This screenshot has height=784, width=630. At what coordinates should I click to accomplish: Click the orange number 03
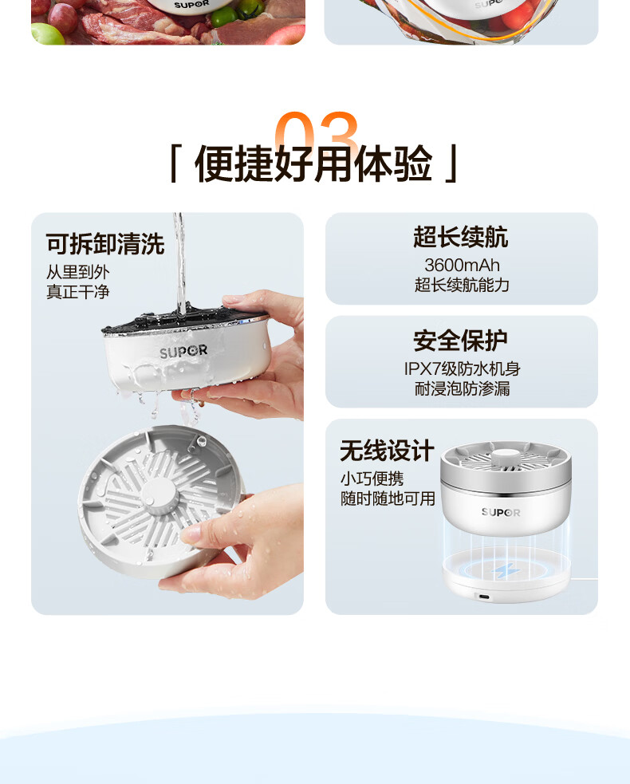pyautogui.click(x=316, y=131)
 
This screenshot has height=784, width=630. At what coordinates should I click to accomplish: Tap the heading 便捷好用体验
pyautogui.click(x=313, y=163)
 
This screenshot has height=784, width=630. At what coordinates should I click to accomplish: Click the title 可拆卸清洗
pyautogui.click(x=105, y=244)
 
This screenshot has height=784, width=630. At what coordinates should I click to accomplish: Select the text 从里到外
pyautogui.click(x=77, y=272)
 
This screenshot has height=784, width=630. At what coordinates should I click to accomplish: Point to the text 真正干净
pyautogui.click(x=77, y=292)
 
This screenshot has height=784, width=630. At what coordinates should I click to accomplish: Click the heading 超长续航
pyautogui.click(x=460, y=237)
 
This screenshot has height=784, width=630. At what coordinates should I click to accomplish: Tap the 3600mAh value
pyautogui.click(x=462, y=265)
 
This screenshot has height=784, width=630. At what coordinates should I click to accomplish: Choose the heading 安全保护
pyautogui.click(x=460, y=341)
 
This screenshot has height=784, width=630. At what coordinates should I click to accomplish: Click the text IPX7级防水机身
pyautogui.click(x=462, y=369)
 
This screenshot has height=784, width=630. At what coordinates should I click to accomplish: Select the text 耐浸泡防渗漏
pyautogui.click(x=462, y=388)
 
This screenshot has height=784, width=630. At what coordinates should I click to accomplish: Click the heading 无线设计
pyautogui.click(x=387, y=451)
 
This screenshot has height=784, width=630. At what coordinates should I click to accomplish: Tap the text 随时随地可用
pyautogui.click(x=388, y=498)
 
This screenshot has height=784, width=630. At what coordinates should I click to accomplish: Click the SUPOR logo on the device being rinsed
pyautogui.click(x=183, y=352)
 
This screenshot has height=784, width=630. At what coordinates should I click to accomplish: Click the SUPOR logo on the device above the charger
pyautogui.click(x=501, y=512)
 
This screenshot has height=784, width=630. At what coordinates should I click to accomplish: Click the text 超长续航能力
pyautogui.click(x=462, y=285)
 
